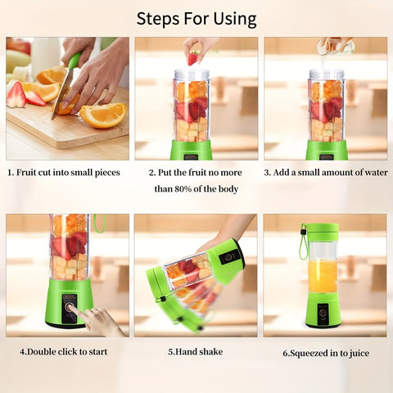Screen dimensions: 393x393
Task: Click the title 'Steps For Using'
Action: [196, 18]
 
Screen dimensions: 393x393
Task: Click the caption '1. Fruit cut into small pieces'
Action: [64, 173]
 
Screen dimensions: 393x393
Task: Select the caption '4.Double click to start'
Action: [63, 352]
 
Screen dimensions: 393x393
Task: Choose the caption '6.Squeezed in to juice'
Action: [326, 353]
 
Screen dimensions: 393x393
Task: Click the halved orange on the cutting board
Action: [104, 114]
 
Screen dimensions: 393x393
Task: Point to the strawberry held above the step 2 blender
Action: [193, 58]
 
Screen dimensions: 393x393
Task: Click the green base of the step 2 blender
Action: [192, 150]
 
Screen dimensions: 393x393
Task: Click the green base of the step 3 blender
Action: [326, 150]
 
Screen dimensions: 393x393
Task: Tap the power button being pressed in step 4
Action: [70, 307]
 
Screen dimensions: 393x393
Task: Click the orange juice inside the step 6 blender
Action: [322, 277]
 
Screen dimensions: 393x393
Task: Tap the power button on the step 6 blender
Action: [323, 312]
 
